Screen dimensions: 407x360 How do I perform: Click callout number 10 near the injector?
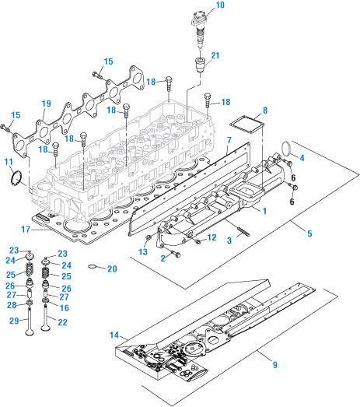point(220,5)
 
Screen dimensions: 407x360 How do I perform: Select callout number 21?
point(215,55)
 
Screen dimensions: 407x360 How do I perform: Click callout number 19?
point(46,104)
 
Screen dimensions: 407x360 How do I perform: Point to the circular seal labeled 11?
point(15,178)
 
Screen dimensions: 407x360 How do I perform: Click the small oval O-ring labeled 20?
point(93,268)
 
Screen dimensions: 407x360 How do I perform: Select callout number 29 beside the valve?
point(13,321)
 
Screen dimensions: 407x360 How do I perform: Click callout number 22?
point(63,322)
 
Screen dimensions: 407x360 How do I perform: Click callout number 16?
point(62,308)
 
